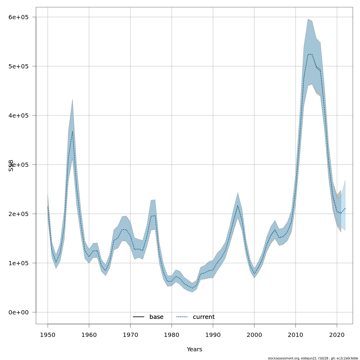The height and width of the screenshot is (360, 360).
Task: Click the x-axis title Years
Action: pyautogui.click(x=194, y=349)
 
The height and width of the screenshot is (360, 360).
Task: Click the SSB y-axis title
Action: pyautogui.click(x=11, y=165)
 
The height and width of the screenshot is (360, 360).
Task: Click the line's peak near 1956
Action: pyautogui.click(x=73, y=131)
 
